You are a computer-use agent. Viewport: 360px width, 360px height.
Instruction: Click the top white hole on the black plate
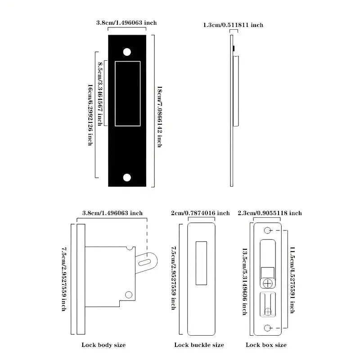127,52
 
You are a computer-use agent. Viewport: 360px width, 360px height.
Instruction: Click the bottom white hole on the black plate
127,177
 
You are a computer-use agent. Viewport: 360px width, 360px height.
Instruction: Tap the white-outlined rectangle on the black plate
128,94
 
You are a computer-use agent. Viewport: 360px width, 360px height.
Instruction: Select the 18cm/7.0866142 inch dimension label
160,117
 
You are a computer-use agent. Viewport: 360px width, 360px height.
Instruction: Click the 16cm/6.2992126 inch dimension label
90,115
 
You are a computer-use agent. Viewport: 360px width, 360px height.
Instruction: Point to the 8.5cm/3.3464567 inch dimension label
100,94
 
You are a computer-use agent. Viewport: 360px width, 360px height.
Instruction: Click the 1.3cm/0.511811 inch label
233,25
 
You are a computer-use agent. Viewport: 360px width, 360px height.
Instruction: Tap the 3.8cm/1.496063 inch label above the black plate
126,22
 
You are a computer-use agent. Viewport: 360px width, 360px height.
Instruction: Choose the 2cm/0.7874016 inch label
200,213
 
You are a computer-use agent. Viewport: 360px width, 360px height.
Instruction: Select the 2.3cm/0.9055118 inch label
270,213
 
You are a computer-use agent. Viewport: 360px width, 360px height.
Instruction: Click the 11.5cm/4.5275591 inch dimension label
292,280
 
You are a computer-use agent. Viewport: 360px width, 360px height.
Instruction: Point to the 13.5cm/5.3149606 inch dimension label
245,282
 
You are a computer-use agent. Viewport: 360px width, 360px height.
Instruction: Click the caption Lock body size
103,345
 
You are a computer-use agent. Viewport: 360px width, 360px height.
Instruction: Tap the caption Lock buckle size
199,345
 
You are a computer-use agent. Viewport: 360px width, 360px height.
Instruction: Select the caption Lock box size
266,345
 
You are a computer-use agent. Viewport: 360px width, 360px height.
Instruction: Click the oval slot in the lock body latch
145,262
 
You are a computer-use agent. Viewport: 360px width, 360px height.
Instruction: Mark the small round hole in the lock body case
129,295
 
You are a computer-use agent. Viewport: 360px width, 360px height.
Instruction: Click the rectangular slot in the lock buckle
201,263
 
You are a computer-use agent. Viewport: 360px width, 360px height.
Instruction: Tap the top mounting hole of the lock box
267,230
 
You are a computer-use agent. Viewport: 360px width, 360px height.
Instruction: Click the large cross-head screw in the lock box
268,283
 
